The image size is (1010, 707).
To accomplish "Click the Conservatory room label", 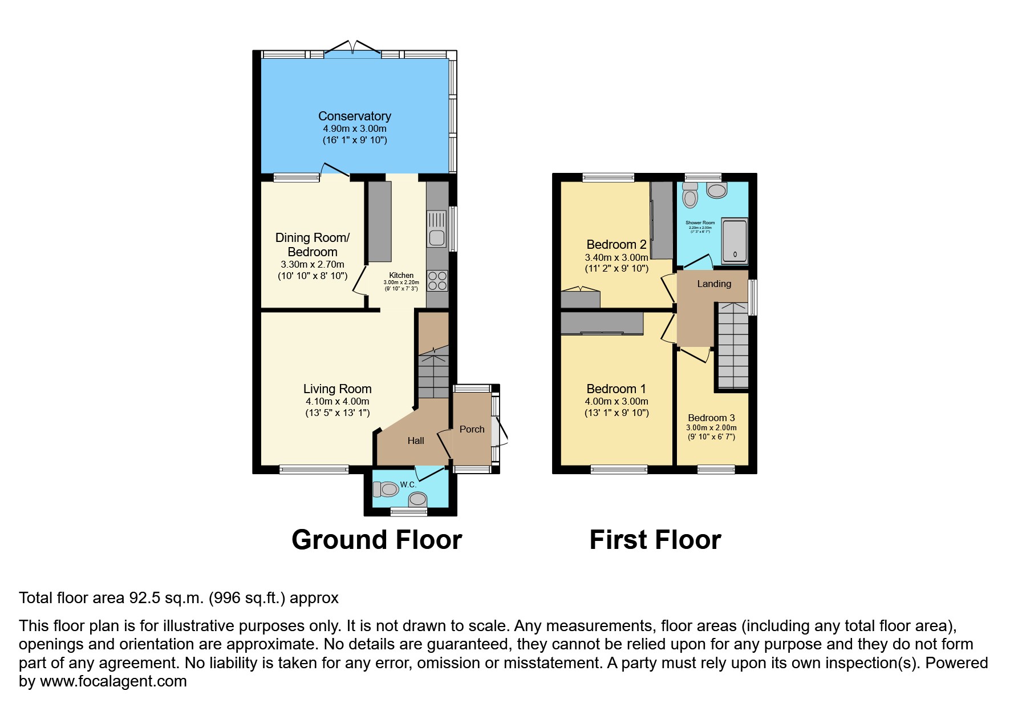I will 354,116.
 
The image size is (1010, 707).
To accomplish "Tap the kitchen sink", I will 437,229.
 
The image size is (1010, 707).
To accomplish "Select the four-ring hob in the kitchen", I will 437,281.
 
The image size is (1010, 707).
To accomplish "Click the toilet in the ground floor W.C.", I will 386,489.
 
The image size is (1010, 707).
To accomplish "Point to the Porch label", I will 472,429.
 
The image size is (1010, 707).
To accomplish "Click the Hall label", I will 416,441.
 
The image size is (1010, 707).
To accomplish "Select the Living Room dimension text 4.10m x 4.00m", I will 337,401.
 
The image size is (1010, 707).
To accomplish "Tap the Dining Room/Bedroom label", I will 312,245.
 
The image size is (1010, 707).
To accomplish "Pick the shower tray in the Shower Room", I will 735,241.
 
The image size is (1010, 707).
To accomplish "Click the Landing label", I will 713,284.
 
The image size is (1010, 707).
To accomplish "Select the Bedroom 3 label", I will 711,418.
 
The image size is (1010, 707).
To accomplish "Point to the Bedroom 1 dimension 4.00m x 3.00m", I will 616,401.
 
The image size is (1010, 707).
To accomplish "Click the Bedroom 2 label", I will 616,245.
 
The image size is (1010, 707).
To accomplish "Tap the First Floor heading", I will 655,540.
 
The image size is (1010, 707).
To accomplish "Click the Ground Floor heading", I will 376,540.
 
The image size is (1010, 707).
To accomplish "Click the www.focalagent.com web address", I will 113,681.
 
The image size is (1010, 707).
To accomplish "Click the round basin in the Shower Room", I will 716,190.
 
